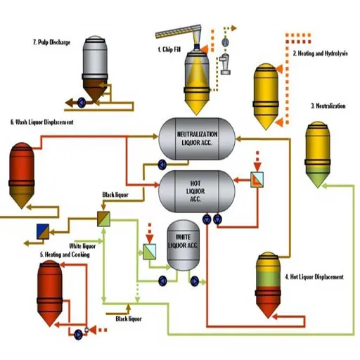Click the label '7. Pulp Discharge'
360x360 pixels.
click(x=51, y=42)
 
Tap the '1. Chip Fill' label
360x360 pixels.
click(x=169, y=49)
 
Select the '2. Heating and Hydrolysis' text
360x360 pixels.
click(x=320, y=53)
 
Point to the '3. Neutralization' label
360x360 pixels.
click(x=328, y=106)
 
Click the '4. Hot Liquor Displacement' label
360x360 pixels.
click(x=314, y=277)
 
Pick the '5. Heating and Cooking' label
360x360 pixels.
click(x=65, y=255)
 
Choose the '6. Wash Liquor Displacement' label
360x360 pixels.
click(x=42, y=122)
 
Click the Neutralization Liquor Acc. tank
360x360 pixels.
click(x=197, y=139)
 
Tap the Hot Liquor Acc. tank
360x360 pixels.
click(x=196, y=191)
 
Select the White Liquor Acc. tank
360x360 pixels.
click(x=183, y=245)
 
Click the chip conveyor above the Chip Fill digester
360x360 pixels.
click(x=179, y=32)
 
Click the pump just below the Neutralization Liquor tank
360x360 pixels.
click(x=162, y=165)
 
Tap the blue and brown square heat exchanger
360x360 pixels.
click(x=43, y=231)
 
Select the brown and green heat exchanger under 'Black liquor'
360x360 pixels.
click(x=103, y=219)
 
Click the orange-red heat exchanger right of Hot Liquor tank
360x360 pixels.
click(x=257, y=179)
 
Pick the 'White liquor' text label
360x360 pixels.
click(x=82, y=246)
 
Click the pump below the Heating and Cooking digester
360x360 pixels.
click(x=78, y=335)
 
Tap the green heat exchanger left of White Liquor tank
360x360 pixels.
click(x=149, y=252)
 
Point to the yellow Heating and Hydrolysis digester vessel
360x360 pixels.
click(x=266, y=96)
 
